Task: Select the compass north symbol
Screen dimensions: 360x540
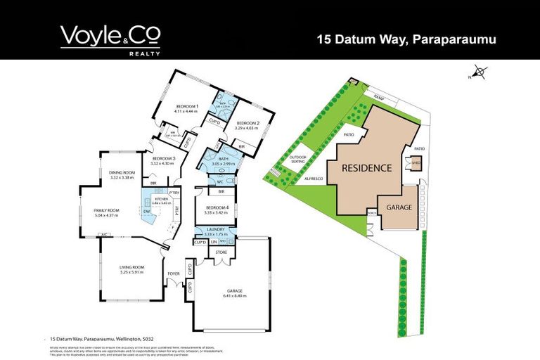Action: (479, 71)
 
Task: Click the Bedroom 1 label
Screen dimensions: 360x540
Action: (187, 106)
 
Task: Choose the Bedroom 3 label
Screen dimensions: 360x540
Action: (163, 158)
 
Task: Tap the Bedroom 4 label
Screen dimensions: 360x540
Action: (217, 207)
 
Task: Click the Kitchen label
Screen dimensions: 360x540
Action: (161, 200)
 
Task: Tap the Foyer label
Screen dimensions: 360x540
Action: (174, 274)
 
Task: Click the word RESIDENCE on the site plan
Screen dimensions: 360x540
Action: (366, 168)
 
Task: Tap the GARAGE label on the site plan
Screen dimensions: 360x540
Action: (398, 209)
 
